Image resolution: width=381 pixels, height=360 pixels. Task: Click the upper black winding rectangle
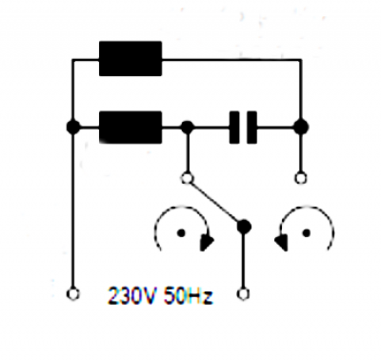(130, 59)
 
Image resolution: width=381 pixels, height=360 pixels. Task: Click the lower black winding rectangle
(130, 128)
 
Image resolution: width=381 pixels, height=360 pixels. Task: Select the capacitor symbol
(243, 128)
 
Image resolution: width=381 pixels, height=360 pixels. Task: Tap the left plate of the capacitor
(234, 128)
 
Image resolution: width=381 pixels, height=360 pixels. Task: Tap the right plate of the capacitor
(252, 128)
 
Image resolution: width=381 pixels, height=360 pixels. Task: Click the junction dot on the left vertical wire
(73, 127)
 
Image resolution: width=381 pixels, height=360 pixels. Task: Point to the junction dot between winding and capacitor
(188, 127)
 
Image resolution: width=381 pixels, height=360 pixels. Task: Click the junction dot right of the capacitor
(301, 127)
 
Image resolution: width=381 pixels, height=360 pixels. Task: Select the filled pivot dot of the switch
(244, 227)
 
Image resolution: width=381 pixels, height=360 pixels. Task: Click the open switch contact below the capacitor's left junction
(187, 178)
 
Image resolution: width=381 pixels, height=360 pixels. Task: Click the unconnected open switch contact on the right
(301, 178)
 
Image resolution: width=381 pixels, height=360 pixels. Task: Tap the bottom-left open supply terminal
(73, 294)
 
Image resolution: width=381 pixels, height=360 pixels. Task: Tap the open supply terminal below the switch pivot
(244, 294)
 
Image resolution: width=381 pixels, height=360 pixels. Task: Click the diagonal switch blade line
(214, 202)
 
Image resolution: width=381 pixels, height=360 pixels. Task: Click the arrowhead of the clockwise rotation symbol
(207, 243)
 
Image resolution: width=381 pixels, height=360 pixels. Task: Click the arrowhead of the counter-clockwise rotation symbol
(281, 243)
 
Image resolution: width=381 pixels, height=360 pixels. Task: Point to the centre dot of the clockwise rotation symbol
(181, 233)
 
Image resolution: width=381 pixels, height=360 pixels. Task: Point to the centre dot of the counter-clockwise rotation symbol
(307, 233)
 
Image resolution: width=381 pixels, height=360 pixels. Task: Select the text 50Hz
(188, 295)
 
